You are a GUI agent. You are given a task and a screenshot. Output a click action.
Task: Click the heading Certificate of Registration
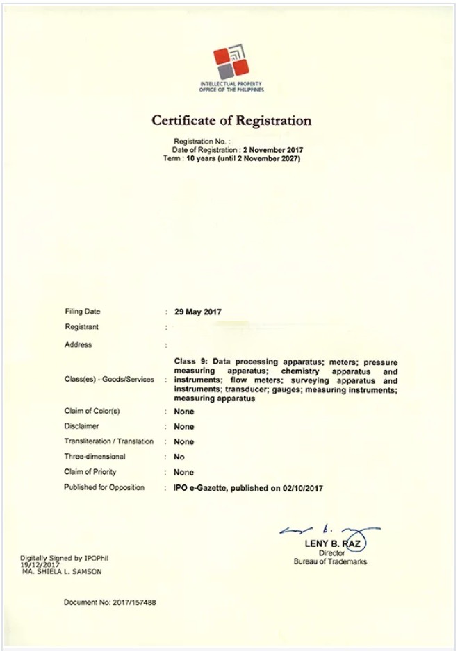pyautogui.click(x=231, y=120)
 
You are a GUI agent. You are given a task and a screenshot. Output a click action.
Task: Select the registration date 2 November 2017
pyautogui.click(x=273, y=150)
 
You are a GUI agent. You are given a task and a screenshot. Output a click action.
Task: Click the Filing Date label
pyautogui.click(x=83, y=312)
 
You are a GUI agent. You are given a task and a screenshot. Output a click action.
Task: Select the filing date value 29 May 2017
pyautogui.click(x=197, y=312)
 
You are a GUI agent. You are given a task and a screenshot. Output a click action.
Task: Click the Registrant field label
pyautogui.click(x=82, y=326)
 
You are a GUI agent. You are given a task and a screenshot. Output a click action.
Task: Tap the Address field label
pyautogui.click(x=79, y=344)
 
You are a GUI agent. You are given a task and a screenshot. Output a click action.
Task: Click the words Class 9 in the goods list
pyautogui.click(x=190, y=362)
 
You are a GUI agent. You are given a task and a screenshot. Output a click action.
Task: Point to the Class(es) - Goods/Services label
pyautogui.click(x=109, y=380)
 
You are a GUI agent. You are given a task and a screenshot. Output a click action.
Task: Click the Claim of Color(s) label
pyautogui.click(x=92, y=412)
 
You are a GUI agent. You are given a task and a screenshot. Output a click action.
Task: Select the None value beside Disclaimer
pyautogui.click(x=184, y=427)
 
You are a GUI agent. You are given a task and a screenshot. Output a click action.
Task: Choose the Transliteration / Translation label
pyautogui.click(x=109, y=441)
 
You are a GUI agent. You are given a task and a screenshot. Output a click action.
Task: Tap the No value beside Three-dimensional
pyautogui.click(x=179, y=457)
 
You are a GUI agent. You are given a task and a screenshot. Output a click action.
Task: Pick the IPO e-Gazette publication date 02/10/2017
pyautogui.click(x=302, y=488)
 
